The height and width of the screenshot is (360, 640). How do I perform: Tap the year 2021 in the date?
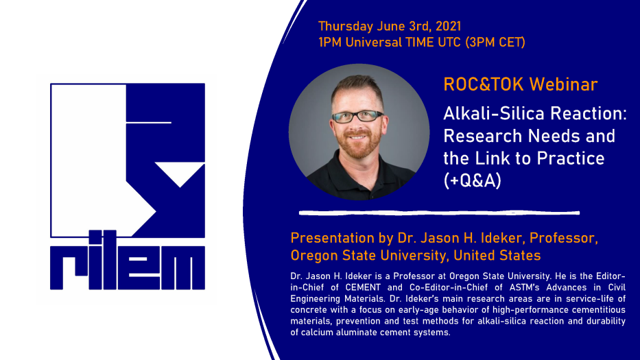tap(448, 27)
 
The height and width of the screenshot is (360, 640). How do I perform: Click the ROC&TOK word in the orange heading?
tap(484, 84)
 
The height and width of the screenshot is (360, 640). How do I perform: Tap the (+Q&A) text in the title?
tap(472, 180)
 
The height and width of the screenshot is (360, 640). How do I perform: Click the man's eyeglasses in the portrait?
tap(357, 117)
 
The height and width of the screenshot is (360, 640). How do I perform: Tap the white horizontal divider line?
tap(439, 213)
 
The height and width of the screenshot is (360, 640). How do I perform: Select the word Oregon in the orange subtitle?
tap(314, 256)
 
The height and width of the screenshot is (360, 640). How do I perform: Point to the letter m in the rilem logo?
tap(183, 267)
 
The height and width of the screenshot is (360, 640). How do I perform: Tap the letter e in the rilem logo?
tap(139, 267)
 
